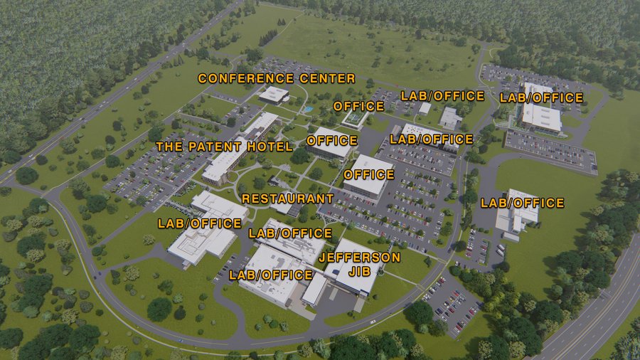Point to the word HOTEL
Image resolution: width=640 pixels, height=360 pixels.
pos(271,147)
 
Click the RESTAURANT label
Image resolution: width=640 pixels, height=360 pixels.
pos(287,198)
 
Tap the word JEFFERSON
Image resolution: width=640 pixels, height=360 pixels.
pos(360,257)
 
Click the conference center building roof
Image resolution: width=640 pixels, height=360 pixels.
pos(273,94)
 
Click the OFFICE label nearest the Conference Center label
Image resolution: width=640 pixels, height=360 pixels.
pos(358,107)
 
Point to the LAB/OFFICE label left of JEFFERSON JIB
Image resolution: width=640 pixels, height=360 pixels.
pos(271,275)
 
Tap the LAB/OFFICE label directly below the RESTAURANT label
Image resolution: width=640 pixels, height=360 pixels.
pos(289,233)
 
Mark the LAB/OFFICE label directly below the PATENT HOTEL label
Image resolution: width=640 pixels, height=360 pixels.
pos(200,223)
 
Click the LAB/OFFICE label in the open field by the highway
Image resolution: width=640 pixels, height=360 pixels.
pos(522,203)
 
